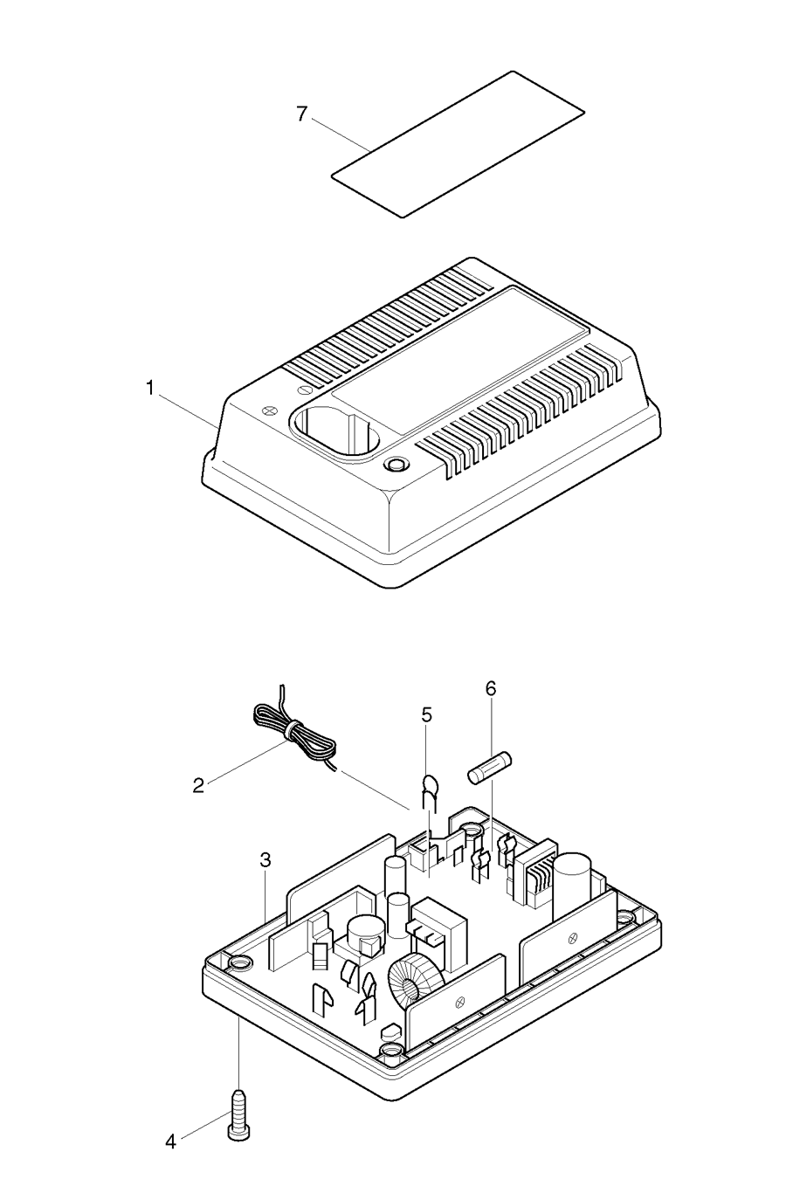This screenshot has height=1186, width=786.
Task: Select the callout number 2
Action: click(x=199, y=784)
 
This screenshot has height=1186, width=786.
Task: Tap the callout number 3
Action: click(x=265, y=860)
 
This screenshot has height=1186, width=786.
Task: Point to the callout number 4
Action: click(x=171, y=1141)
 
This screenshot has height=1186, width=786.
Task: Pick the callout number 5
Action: click(x=426, y=714)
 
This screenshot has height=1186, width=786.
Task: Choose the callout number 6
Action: click(x=491, y=688)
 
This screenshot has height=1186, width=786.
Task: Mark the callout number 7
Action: click(x=301, y=114)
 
